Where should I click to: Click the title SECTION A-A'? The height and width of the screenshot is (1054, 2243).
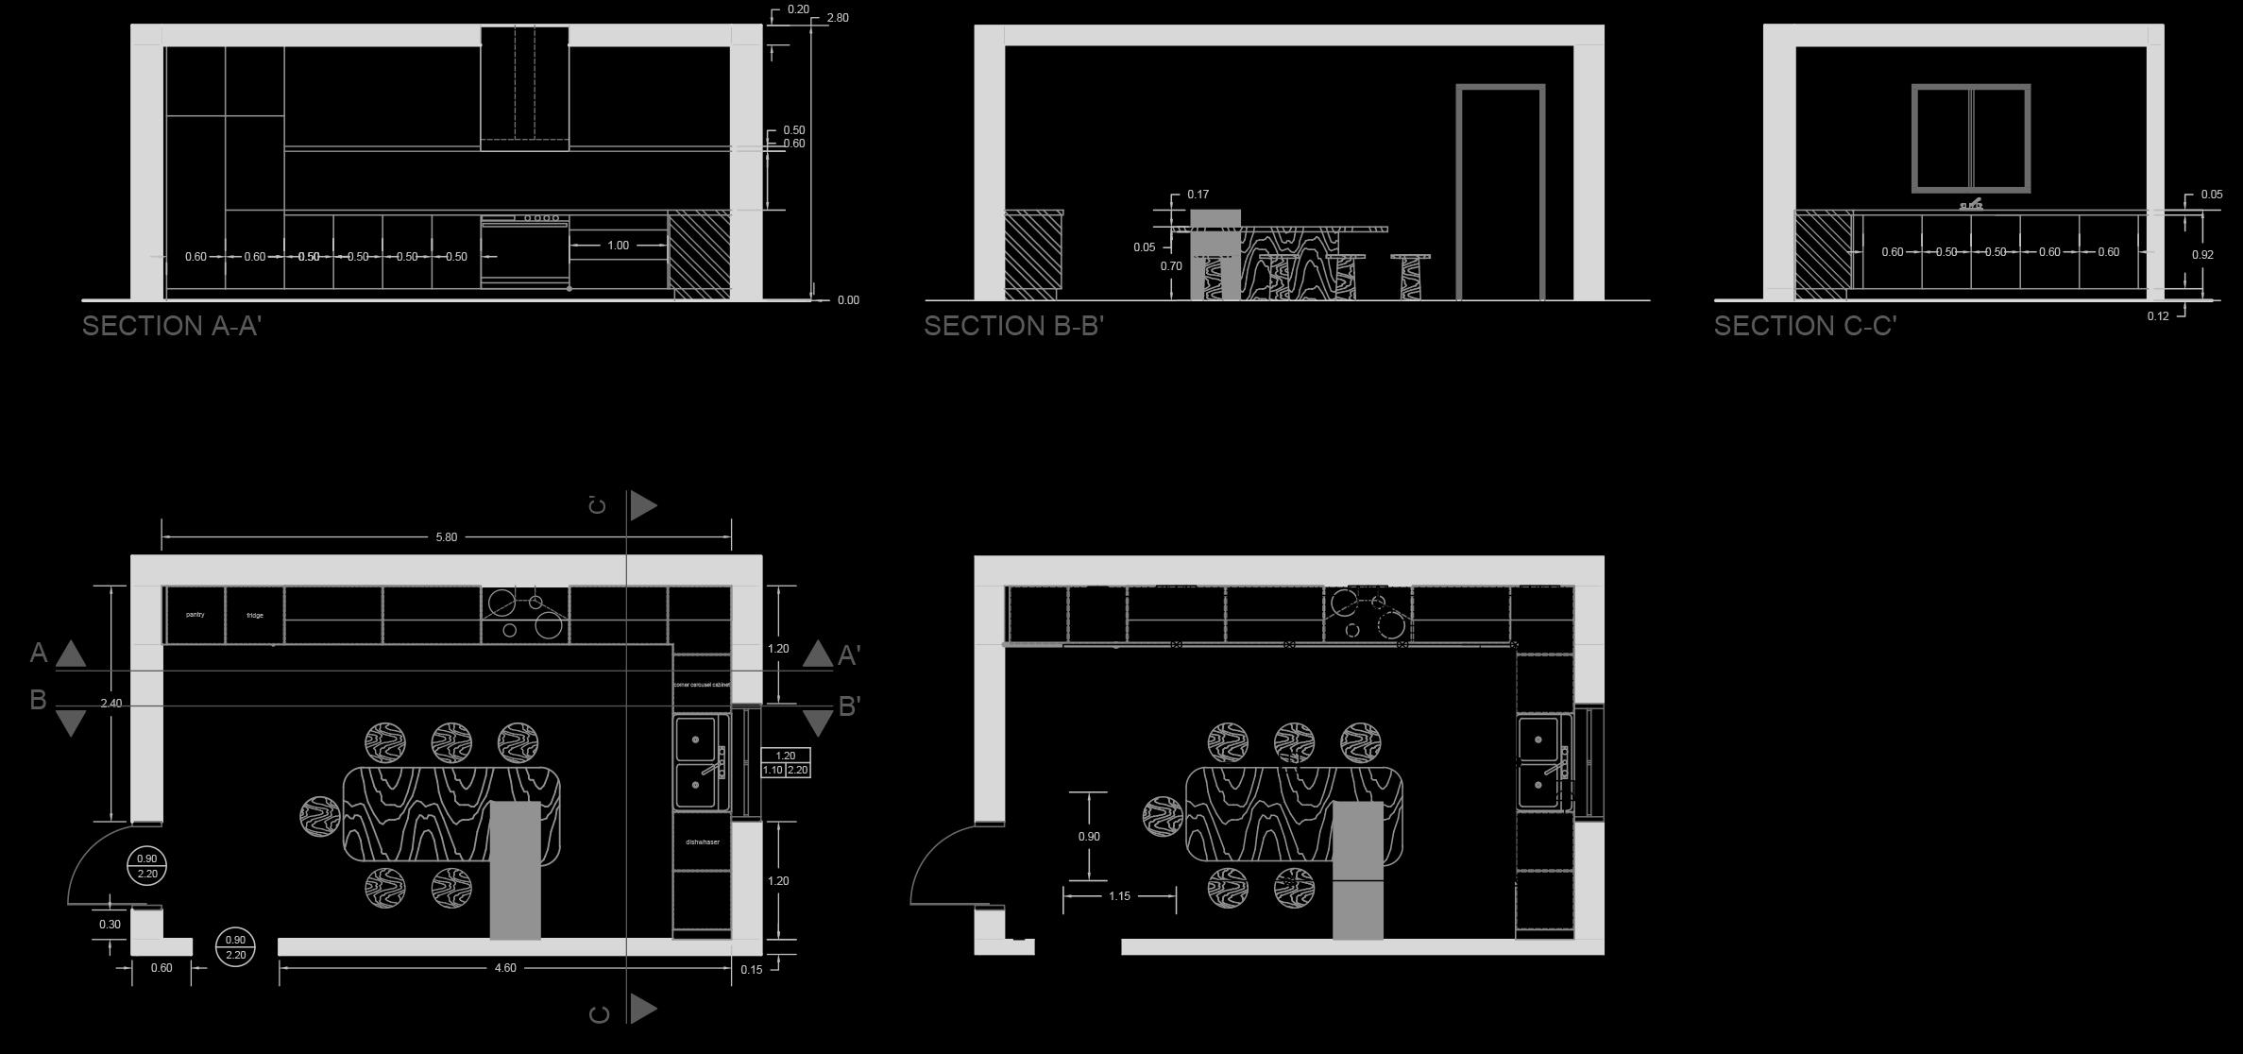click(x=171, y=326)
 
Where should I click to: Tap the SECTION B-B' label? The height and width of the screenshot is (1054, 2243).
click(x=1013, y=326)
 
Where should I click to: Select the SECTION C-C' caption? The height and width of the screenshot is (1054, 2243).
click(x=1805, y=326)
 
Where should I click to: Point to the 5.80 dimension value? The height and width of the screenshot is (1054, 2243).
click(x=446, y=537)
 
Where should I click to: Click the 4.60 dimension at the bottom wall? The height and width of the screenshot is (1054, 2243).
click(x=505, y=968)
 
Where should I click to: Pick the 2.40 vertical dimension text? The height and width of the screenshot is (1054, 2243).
click(x=110, y=704)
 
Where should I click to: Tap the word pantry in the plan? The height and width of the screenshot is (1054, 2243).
click(x=195, y=615)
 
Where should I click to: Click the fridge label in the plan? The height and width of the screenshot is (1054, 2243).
click(x=255, y=616)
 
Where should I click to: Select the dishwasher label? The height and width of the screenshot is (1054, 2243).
click(x=702, y=841)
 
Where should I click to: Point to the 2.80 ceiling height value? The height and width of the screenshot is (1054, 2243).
click(x=837, y=18)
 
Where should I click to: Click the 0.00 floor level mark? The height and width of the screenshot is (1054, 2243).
click(x=848, y=300)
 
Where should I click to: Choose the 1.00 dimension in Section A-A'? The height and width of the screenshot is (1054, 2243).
click(x=618, y=246)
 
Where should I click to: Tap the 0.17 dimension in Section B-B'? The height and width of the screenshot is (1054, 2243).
click(x=1198, y=195)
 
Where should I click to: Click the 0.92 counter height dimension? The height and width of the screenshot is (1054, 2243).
click(x=2201, y=255)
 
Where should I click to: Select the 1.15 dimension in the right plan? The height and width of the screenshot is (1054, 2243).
click(x=1119, y=896)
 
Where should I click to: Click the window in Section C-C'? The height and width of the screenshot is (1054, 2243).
click(x=1971, y=139)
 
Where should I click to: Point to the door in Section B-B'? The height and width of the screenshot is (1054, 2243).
click(x=1500, y=194)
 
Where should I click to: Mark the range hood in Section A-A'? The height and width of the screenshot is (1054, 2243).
click(x=524, y=88)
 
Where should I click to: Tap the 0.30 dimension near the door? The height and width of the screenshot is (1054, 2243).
click(x=110, y=925)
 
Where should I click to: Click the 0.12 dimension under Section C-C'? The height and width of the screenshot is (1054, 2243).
click(x=2157, y=316)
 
